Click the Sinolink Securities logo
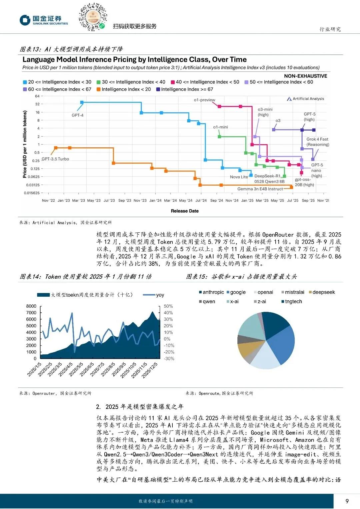point(43,20)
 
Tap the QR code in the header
point(93,17)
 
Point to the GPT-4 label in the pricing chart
point(78,115)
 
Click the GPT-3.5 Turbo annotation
point(55,159)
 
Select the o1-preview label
point(204,100)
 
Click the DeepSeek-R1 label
point(267,176)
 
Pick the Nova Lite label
point(239,177)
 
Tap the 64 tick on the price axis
point(37,96)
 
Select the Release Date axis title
point(185,211)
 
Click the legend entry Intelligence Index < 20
point(124,89)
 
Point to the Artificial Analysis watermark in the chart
point(306,99)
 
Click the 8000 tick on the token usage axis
point(31,306)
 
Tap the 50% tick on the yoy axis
point(168,306)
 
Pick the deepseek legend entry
point(322,292)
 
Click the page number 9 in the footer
point(347,501)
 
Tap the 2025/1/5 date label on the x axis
point(34,369)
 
